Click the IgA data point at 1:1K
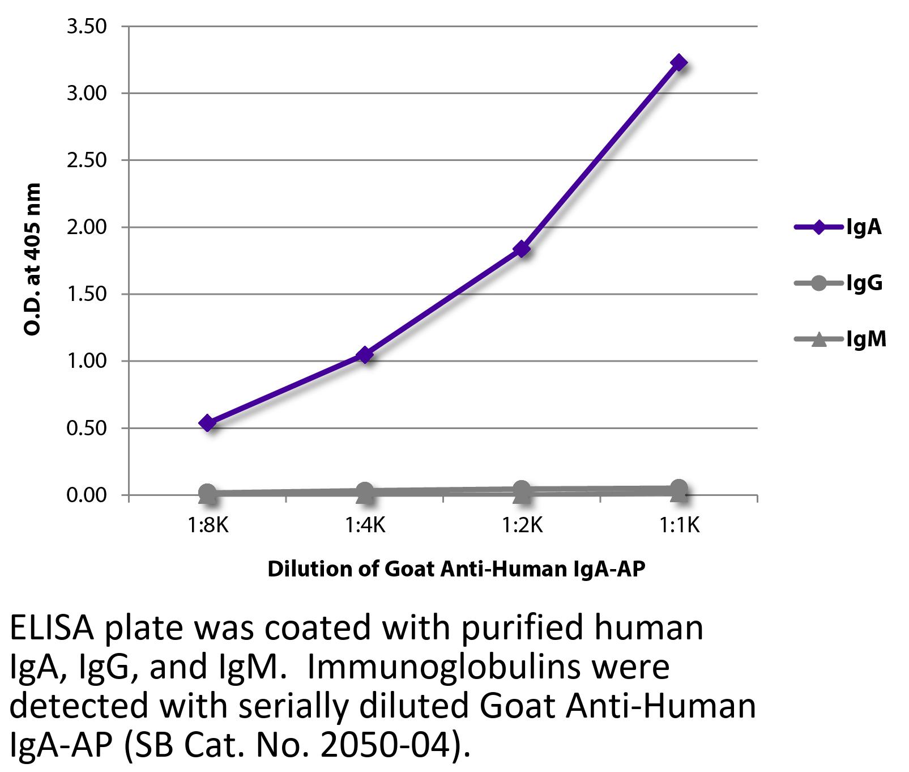(678, 62)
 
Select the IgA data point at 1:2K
(521, 249)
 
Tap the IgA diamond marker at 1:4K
(365, 355)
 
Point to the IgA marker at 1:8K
(208, 423)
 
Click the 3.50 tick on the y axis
(86, 27)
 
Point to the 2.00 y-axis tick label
(86, 227)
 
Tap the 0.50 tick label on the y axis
(86, 429)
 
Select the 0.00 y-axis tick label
(86, 495)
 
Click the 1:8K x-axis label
(208, 526)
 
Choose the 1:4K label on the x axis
(365, 526)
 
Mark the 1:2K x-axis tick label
(522, 526)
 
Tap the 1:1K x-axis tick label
(679, 526)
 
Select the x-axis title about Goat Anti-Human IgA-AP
(456, 569)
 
